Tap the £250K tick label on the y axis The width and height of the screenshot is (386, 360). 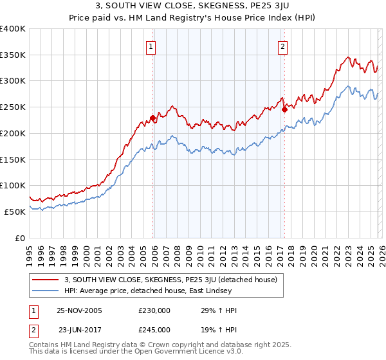point(13,107)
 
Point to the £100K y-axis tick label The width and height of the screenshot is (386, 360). point(13,185)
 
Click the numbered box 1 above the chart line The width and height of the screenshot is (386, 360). point(151,46)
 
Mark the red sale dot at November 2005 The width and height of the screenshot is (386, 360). point(152,117)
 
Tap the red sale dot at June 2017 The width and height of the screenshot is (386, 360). point(284,109)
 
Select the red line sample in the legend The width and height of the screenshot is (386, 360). point(46,280)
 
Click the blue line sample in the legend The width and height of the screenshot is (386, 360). point(46,291)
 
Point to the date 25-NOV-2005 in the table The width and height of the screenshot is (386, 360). point(79,310)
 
